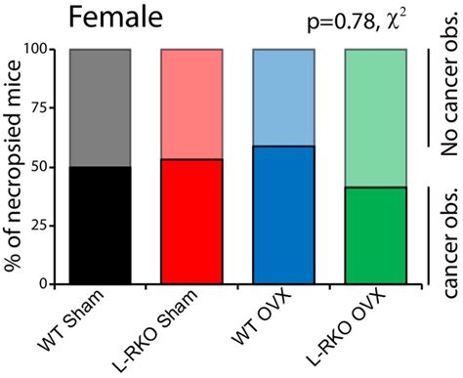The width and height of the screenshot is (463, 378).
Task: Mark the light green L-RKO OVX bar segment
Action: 376,117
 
